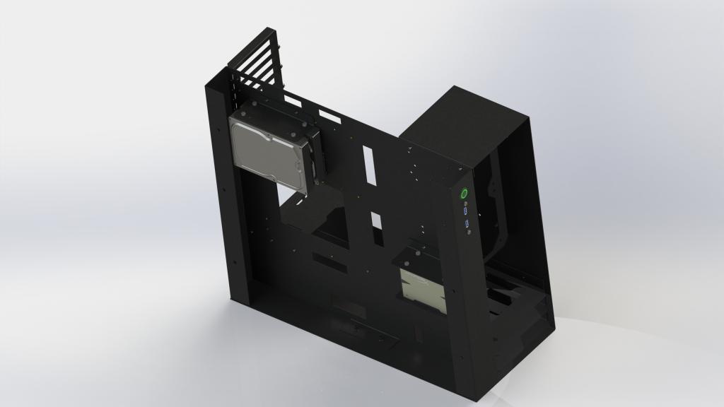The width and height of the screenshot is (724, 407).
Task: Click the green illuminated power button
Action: point(464,193)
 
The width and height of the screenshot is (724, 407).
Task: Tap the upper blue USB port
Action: point(465,211)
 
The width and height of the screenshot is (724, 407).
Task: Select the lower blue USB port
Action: point(467,224)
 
